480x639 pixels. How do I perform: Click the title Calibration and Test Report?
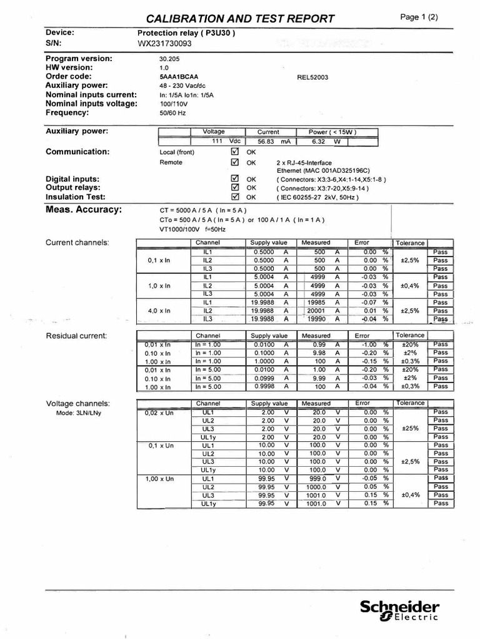[240, 18]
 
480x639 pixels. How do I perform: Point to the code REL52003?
[312, 77]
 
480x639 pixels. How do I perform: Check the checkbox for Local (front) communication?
[235, 152]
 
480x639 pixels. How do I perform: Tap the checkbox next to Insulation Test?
[235, 197]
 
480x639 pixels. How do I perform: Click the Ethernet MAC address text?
[323, 170]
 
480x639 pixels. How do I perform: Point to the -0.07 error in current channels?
[369, 302]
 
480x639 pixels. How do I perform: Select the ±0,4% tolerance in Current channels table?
[410, 285]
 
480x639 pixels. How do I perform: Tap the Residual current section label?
[77, 336]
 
